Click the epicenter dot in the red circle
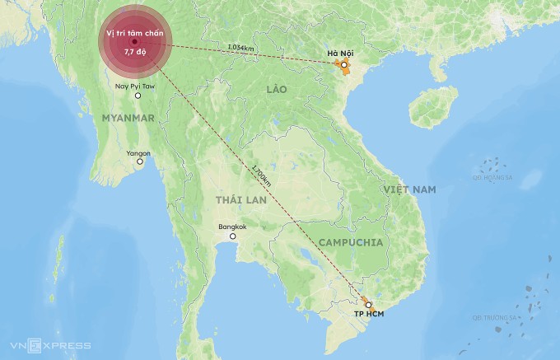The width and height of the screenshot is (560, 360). (x=133, y=42)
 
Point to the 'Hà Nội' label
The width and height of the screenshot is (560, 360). (x=340, y=54)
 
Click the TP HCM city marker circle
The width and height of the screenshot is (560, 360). (x=368, y=305)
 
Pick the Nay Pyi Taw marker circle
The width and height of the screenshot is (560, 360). (x=138, y=96)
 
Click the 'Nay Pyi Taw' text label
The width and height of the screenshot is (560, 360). (x=134, y=86)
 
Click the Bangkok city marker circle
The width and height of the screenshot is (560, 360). (x=233, y=236)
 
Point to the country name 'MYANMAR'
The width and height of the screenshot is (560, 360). (x=127, y=118)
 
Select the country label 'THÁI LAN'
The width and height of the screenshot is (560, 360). (x=237, y=200)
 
